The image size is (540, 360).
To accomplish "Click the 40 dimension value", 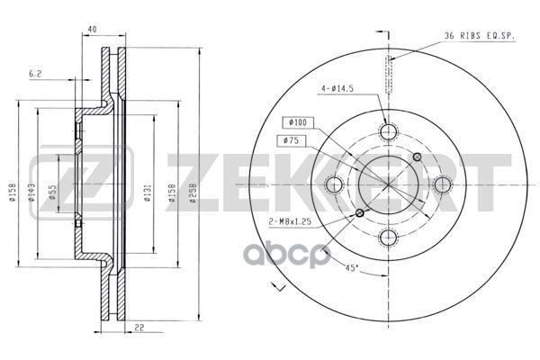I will (92, 31).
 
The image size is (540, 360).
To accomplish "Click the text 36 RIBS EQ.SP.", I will (478, 35).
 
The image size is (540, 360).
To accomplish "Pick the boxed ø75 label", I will (291, 140).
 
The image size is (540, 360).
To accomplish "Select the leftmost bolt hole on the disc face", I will (336, 185).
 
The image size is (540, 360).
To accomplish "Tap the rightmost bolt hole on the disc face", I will (442, 185).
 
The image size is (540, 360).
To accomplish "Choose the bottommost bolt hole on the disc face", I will (389, 238).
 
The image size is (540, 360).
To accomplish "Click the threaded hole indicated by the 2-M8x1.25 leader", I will (361, 213).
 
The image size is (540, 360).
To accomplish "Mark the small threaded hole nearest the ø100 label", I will (416, 158).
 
